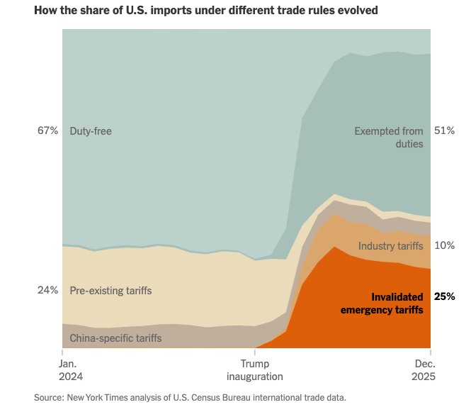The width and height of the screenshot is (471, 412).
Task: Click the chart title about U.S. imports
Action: [205, 11]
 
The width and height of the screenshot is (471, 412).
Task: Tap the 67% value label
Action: [47, 130]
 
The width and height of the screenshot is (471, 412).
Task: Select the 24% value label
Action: [47, 290]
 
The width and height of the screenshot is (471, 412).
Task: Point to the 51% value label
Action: [444, 130]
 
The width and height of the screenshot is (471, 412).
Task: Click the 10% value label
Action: [444, 245]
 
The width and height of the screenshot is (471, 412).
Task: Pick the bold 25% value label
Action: [444, 296]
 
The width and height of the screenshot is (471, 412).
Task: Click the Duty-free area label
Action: [91, 130]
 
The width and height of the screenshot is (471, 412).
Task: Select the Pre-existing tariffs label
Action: [110, 290]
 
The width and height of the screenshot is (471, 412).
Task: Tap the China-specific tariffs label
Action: [115, 338]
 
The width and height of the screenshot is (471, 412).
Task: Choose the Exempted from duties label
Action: [389, 138]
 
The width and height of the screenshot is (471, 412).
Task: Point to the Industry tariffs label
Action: [390, 246]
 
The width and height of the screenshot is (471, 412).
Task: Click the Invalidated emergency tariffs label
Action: [382, 304]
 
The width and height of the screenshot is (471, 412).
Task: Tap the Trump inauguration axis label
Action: [254, 370]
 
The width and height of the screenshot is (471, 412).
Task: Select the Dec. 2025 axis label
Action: [424, 370]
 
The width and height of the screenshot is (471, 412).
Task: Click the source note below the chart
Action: [190, 397]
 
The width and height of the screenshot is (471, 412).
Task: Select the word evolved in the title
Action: [357, 11]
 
